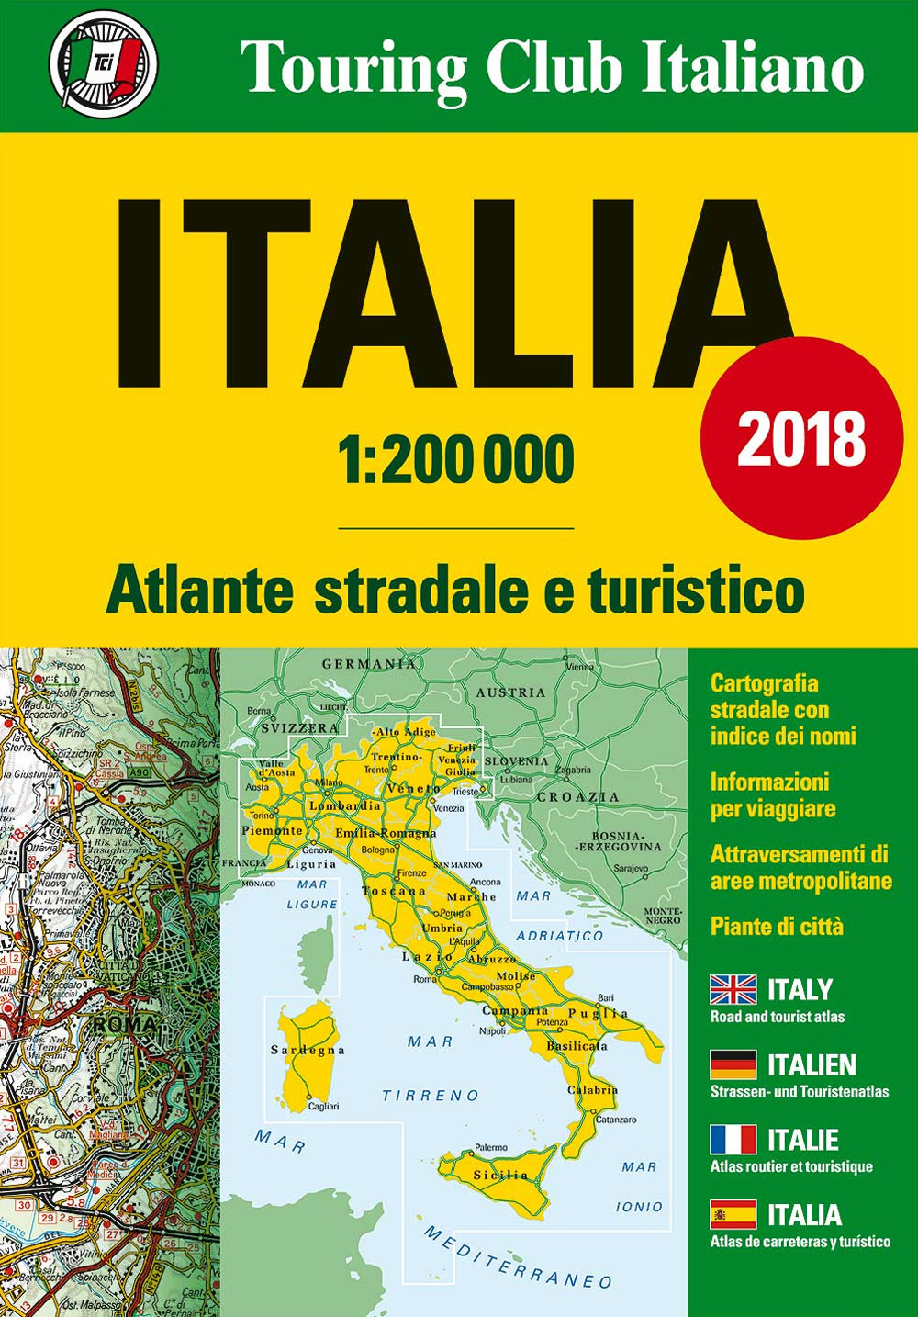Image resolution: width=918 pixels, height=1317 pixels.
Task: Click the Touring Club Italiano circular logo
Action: (x=103, y=63)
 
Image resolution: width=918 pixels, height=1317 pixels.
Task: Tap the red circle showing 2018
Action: (x=801, y=438)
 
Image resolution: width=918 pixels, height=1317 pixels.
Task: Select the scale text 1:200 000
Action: (x=456, y=460)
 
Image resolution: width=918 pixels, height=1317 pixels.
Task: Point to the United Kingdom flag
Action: (x=733, y=990)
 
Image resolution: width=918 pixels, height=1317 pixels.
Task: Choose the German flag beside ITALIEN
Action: (x=733, y=1065)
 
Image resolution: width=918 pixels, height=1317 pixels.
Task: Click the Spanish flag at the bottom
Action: (x=733, y=1215)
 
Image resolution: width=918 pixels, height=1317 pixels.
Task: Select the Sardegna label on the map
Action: (x=307, y=1050)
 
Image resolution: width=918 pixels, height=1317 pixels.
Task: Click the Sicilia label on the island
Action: (x=500, y=1175)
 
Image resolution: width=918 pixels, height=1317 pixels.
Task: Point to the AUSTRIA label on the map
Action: (x=510, y=692)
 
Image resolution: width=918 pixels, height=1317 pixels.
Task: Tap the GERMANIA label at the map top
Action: (x=368, y=663)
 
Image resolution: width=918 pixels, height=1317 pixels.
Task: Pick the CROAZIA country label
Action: (x=578, y=796)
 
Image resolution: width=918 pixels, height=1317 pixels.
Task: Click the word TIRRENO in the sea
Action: (x=431, y=1095)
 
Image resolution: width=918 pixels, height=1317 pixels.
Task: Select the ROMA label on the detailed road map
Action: (x=123, y=1023)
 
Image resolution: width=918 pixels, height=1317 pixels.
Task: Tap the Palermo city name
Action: (x=491, y=1148)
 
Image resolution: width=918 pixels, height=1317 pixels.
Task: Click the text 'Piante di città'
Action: (x=777, y=927)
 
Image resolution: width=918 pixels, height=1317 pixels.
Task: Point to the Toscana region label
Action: (x=394, y=891)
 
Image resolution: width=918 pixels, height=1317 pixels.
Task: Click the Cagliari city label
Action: (x=323, y=1107)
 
